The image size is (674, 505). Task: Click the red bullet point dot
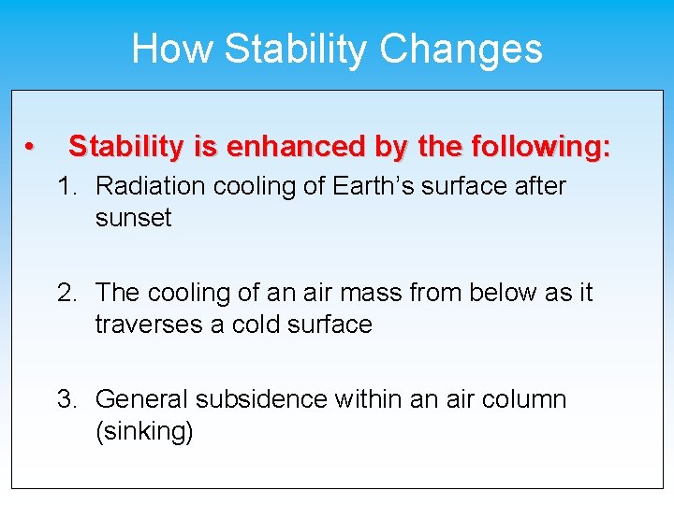tap(30, 148)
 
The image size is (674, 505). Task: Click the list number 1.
tap(66, 186)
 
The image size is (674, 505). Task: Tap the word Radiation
tap(152, 186)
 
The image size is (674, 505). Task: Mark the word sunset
tap(133, 218)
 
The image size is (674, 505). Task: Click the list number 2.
tap(66, 293)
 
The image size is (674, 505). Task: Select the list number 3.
tap(66, 399)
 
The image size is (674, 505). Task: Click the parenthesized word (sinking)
tap(144, 432)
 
